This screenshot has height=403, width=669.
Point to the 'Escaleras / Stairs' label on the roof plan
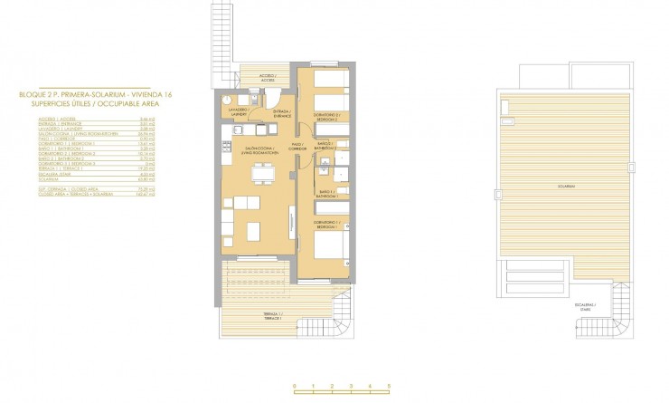tap(585, 307)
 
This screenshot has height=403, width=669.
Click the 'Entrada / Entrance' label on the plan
tap(280, 113)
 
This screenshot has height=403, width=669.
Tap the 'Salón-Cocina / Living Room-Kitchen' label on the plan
tap(259, 149)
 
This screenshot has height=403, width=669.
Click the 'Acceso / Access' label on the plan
tap(268, 78)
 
